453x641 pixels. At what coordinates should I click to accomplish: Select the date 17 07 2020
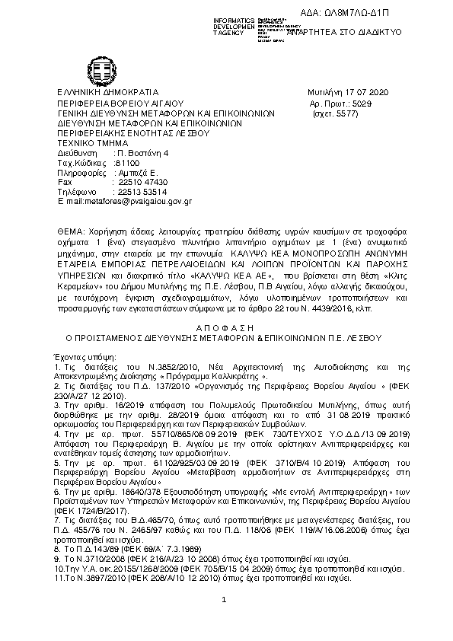[x=368, y=92]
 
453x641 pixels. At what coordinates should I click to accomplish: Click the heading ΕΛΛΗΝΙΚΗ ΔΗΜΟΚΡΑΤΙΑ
[x=107, y=92]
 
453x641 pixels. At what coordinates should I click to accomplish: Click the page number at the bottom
[x=225, y=601]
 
